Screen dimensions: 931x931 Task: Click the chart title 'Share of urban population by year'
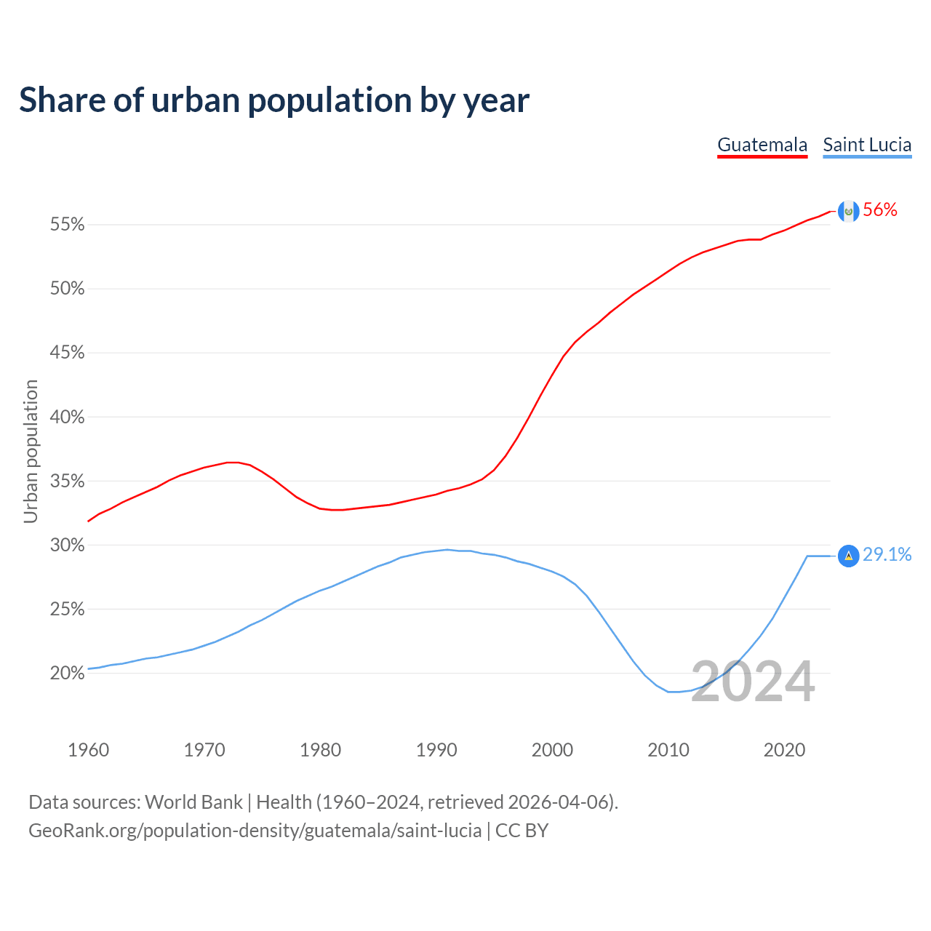point(273,100)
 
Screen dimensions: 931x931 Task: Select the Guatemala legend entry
point(762,145)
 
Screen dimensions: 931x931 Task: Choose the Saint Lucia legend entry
point(867,145)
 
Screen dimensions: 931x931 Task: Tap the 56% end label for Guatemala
point(880,210)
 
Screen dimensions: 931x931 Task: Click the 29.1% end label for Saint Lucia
point(887,555)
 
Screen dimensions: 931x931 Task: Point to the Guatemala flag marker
point(848,211)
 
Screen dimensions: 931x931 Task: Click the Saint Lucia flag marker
point(848,556)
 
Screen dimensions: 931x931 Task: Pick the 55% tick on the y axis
point(68,225)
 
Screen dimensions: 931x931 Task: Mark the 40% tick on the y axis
point(68,417)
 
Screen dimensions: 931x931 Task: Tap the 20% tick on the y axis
point(68,674)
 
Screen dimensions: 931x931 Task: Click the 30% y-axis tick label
point(68,546)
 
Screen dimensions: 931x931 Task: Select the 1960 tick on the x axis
point(88,750)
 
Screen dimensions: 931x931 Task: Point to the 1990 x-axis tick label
point(436,750)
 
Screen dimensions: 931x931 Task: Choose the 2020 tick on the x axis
point(784,750)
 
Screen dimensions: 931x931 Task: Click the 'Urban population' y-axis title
point(31,451)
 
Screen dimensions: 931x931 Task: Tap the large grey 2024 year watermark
point(753,682)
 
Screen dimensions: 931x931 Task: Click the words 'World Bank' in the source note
point(193,802)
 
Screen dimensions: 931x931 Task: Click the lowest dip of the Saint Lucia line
point(674,692)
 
